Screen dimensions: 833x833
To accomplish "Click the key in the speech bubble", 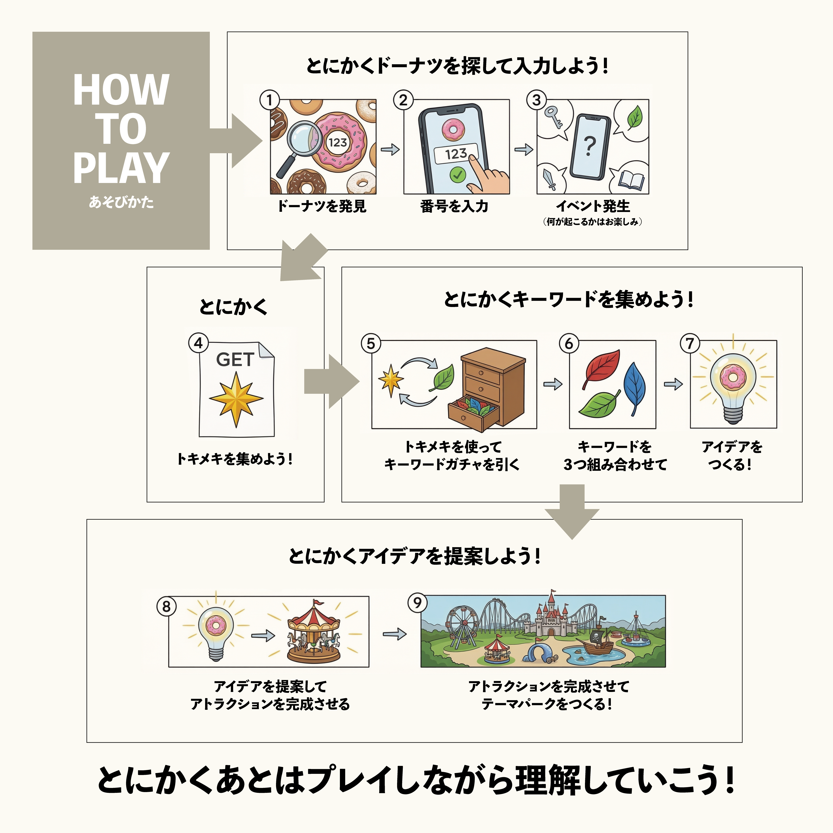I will tap(553, 116).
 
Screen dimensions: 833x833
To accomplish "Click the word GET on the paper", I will tap(235, 359).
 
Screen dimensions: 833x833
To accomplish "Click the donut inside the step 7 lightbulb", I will tap(732, 376).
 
